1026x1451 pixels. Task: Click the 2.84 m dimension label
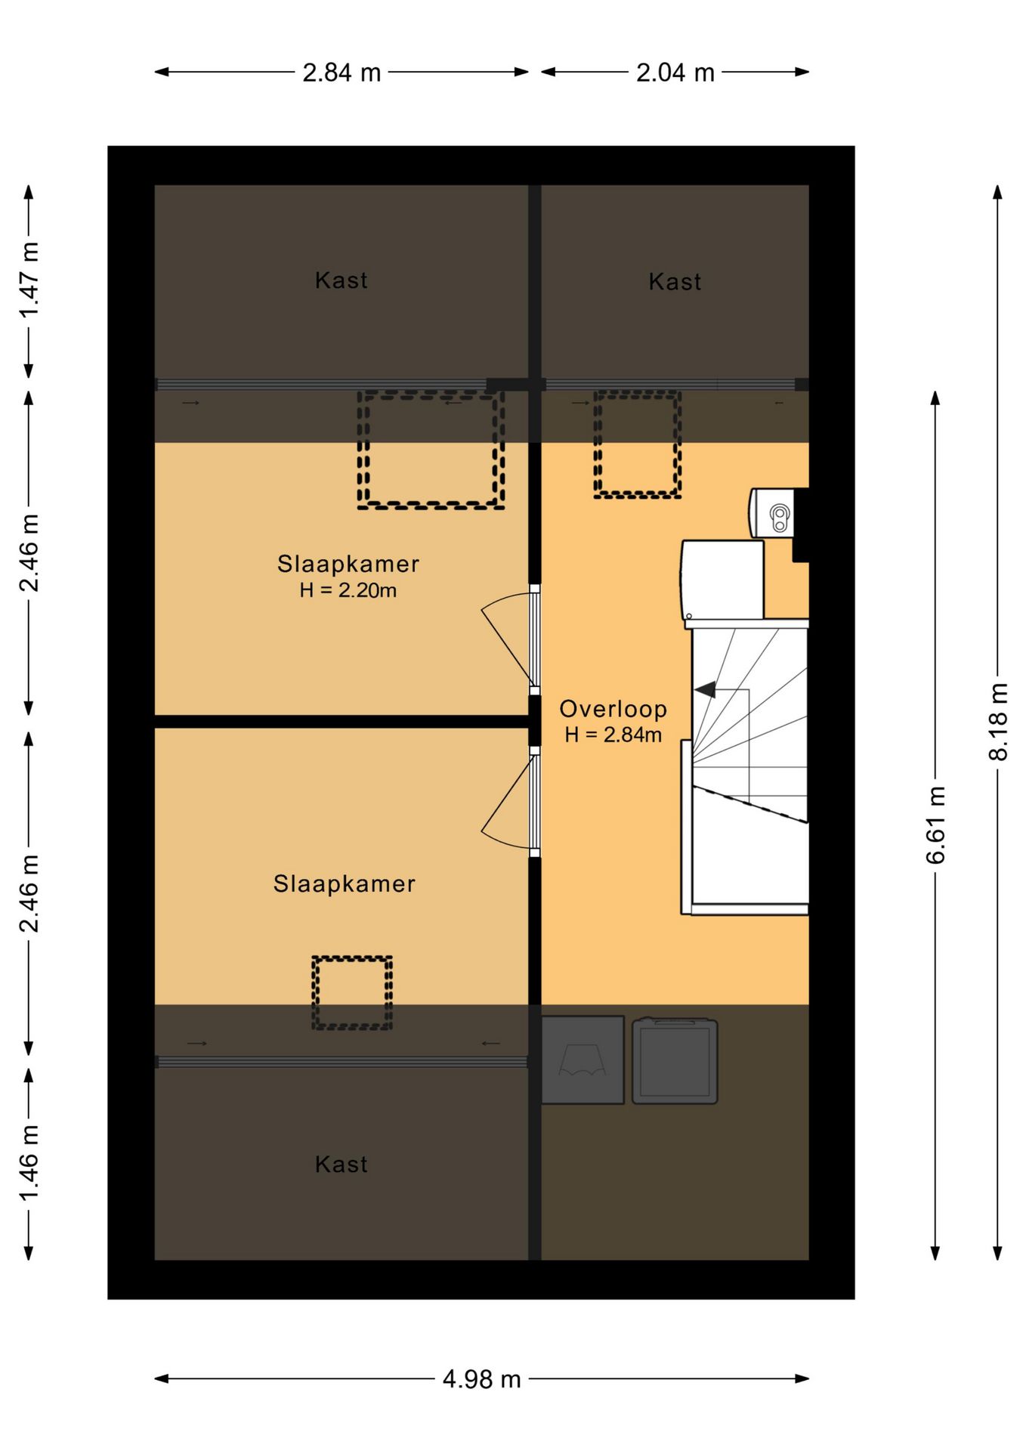coord(341,73)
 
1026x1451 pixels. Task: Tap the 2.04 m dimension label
coord(675,73)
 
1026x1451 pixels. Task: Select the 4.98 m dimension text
coord(481,1379)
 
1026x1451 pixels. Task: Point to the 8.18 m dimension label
coord(998,721)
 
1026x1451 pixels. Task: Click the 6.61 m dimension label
coord(935,825)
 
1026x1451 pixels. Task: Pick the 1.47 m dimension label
coord(29,280)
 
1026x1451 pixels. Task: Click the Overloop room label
coord(613,709)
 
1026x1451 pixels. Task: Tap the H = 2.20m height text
coord(348,590)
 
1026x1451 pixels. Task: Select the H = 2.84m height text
coord(613,735)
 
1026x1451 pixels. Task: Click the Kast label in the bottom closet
coord(341,1164)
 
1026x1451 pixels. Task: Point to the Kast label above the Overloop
coord(675,282)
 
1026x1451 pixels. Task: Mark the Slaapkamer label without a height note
coord(344,883)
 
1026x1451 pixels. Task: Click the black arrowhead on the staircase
coord(706,689)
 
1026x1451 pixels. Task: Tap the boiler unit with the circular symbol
coord(772,513)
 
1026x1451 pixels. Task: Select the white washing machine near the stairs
coord(722,580)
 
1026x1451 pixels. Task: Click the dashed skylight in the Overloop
coord(638,444)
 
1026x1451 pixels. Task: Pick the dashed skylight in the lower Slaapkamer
coord(352,993)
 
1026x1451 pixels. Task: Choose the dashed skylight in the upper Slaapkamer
coord(431,450)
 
